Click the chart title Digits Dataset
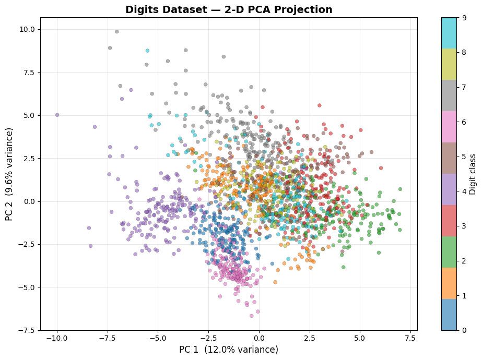(229, 10)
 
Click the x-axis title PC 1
(229, 350)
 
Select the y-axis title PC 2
(10, 174)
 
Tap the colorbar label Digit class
(473, 174)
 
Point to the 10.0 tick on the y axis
(27, 29)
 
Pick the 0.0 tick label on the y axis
(29, 201)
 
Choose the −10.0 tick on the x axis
(57, 338)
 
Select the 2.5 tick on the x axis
(309, 338)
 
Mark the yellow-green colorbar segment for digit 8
(449, 64)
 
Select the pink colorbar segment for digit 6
(449, 127)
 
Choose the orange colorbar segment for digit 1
(449, 283)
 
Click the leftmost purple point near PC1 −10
(57, 115)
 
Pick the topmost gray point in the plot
(117, 31)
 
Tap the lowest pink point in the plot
(251, 316)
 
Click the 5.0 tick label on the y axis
(29, 115)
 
